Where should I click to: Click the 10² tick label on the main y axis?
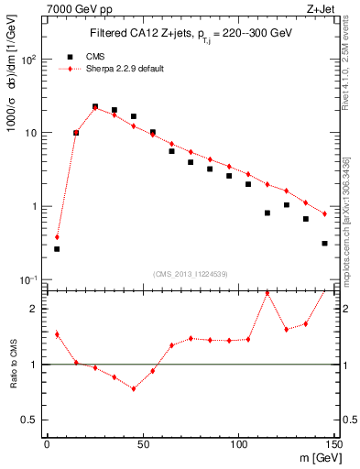[28, 59]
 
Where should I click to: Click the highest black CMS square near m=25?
[95, 106]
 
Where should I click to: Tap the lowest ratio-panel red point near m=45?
[133, 388]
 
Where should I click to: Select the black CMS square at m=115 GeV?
[267, 213]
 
